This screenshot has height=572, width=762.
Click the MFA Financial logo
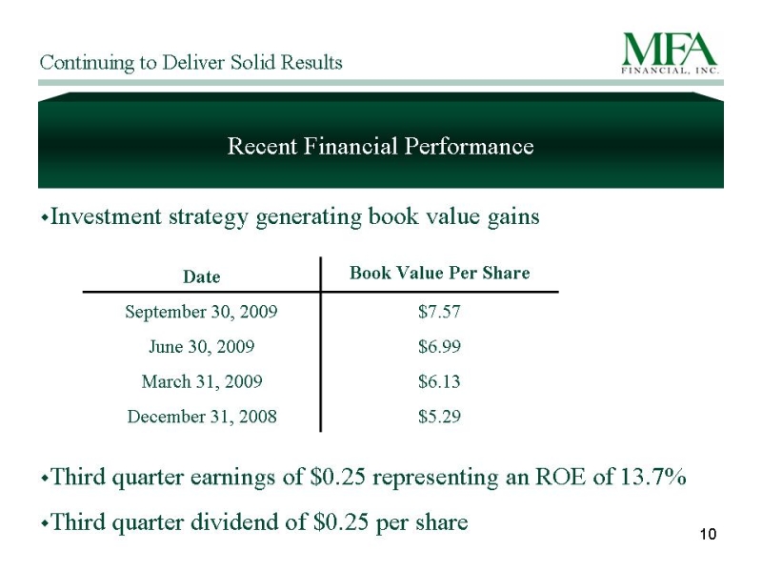pos(671,53)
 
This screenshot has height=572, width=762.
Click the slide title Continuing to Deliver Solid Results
pos(191,63)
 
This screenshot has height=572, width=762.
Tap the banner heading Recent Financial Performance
pos(380,146)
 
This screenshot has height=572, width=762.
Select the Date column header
pos(202,276)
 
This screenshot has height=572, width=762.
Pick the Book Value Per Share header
pos(440,273)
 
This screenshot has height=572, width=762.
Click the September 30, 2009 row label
pos(201,312)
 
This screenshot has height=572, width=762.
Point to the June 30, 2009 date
pos(201,346)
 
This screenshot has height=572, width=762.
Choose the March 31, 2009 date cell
pos(202,381)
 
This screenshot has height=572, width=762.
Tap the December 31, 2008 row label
pos(202,417)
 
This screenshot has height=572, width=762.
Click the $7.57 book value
pos(439,312)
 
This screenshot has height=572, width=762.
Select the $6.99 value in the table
pos(439,346)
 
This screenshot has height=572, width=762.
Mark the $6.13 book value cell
pos(439,381)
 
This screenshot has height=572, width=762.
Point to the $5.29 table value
pos(439,417)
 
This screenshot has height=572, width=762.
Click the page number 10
pos(708,534)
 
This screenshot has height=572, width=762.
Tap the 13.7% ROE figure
pos(653,476)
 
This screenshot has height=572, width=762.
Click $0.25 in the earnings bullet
pos(338,476)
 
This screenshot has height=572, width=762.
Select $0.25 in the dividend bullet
pos(342,521)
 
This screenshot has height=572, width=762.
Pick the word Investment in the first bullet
pos(106,216)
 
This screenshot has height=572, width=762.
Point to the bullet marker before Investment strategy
pos(44,219)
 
